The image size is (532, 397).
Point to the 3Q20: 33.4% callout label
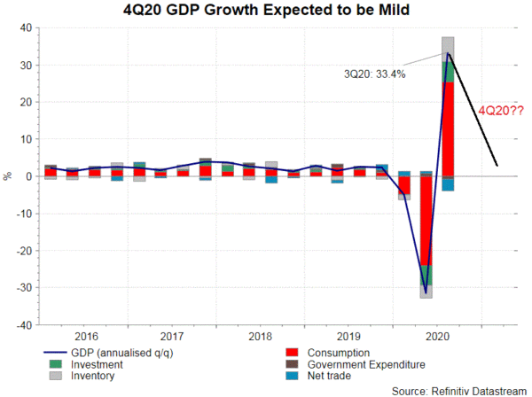click(375, 74)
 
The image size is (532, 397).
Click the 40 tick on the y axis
click(27, 27)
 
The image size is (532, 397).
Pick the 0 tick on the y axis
click(30, 176)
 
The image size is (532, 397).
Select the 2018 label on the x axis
click(260, 337)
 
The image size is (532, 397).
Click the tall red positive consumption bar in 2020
click(449, 128)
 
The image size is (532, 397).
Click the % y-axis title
click(8, 176)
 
